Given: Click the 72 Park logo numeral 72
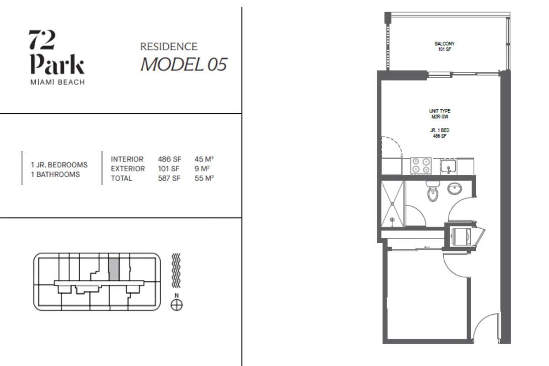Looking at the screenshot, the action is point(42,40).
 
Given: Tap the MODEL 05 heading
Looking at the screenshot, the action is point(184,64).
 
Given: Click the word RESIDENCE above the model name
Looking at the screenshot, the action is point(169,47).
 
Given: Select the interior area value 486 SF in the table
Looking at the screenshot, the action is point(170,159).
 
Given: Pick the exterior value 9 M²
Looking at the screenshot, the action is point(202,169).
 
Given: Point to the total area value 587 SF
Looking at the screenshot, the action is point(169,178).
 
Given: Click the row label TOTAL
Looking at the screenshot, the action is point(121,178).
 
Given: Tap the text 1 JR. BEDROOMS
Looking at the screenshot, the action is point(59,165).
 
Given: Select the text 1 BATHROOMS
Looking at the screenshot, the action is point(55,174).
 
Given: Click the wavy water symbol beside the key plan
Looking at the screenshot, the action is point(176,270).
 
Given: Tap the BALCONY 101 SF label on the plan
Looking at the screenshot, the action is point(445,46).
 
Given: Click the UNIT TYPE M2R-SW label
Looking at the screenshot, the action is point(440,114).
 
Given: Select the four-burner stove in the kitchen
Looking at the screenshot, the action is point(421,166).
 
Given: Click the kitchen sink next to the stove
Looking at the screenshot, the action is point(448,166).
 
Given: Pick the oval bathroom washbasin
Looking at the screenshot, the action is point(455,189).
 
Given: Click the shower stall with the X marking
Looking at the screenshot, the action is point(393,204).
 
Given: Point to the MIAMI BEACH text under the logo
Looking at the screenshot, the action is point(58,82).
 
